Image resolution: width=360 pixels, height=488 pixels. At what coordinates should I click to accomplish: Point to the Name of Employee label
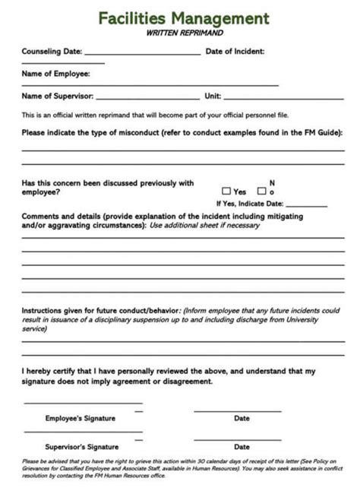[x=55, y=74]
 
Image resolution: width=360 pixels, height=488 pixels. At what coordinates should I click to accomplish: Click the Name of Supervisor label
[x=57, y=97]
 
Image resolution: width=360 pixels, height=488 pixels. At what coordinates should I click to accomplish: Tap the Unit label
[x=213, y=97]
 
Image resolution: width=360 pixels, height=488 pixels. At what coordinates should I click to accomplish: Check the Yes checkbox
[x=226, y=192]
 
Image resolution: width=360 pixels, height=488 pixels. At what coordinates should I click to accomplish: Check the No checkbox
[x=261, y=192]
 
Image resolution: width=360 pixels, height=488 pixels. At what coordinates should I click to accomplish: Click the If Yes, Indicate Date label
[x=250, y=204]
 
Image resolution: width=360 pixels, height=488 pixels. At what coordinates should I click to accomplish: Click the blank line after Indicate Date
[x=306, y=206]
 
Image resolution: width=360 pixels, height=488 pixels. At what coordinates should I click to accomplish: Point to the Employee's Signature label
[x=80, y=418]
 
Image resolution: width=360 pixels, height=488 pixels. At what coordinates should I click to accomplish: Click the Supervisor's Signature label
[x=81, y=447]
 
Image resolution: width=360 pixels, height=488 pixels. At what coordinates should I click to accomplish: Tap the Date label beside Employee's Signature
[x=242, y=418]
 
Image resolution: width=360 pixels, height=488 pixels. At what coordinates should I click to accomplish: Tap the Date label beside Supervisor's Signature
[x=242, y=447]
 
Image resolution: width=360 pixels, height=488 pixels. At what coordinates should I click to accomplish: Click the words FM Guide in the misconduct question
[x=321, y=132]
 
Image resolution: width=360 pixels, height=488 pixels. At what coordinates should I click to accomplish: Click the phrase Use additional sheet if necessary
[x=204, y=225]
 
